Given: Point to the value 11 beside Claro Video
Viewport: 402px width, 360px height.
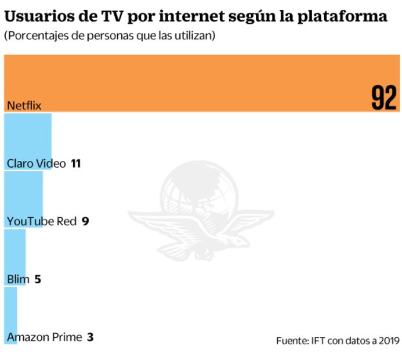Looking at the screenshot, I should pyautogui.click(x=75, y=164).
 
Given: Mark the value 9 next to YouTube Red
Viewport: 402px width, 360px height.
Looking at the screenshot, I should pyautogui.click(x=85, y=221).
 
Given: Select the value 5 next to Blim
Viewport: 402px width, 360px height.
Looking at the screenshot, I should pyautogui.click(x=38, y=279).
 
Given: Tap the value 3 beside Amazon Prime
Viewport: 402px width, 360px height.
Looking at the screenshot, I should pyautogui.click(x=90, y=337).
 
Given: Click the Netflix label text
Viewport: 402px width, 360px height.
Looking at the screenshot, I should pyautogui.click(x=24, y=106).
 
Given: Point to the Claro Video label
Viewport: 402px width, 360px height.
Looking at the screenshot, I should pyautogui.click(x=36, y=164).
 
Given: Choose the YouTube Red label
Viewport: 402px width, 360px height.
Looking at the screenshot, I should pyautogui.click(x=42, y=221).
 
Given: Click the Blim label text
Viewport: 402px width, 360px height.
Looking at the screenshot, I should pyautogui.click(x=18, y=279).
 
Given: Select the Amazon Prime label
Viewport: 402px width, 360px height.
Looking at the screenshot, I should pyautogui.click(x=45, y=337).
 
